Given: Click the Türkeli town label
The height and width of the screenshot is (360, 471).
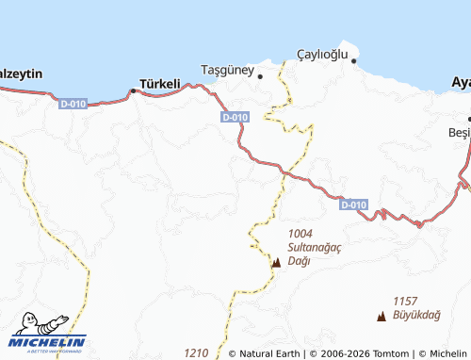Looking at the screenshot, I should pos(159,84).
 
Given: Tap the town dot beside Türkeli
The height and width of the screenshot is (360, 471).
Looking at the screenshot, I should pos(133,90).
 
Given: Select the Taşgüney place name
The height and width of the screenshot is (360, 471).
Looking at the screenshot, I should pos(228,69).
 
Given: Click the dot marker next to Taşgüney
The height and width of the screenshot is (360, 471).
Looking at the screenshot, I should pos(261,74).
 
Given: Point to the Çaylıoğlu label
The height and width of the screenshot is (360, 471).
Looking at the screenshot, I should pos(323,54).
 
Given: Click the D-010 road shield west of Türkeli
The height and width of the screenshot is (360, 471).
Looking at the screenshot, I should pos(73,103).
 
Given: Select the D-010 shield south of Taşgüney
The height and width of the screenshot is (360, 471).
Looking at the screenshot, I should pos(235,117).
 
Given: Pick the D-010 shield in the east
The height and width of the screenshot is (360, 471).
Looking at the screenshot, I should pos(353,205).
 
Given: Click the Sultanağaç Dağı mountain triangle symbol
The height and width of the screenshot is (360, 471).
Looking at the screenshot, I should pos(276,263).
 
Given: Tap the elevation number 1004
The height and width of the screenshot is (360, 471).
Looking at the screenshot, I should pos(300,234).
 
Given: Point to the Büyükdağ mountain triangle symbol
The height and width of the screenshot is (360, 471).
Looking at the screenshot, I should pos(381,318).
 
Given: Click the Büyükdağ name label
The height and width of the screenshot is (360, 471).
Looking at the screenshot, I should pos(419,318).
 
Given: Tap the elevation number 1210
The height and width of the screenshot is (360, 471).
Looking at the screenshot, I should pos(196,352).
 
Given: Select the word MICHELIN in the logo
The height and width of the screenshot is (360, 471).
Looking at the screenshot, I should pos(49,342).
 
